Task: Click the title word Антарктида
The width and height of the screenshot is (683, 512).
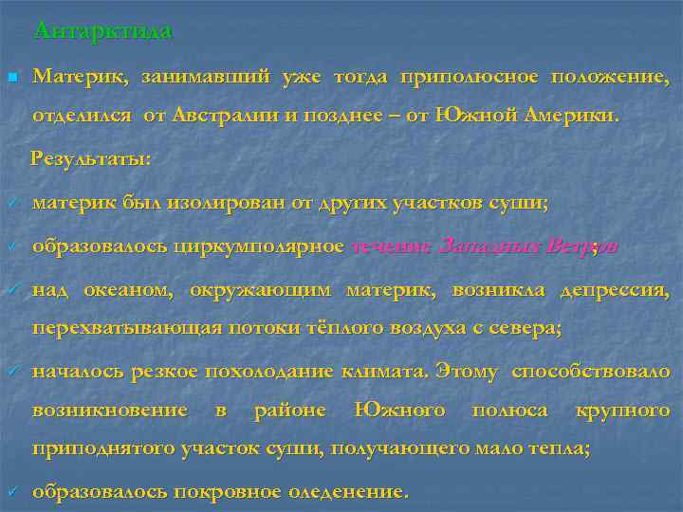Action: click(x=102, y=31)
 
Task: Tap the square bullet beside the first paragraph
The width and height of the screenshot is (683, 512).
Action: click(x=10, y=76)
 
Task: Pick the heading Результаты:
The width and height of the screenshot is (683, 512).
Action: click(x=91, y=157)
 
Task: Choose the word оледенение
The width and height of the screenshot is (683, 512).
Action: click(x=347, y=492)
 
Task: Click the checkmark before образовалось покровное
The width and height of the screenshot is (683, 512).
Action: click(x=11, y=492)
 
